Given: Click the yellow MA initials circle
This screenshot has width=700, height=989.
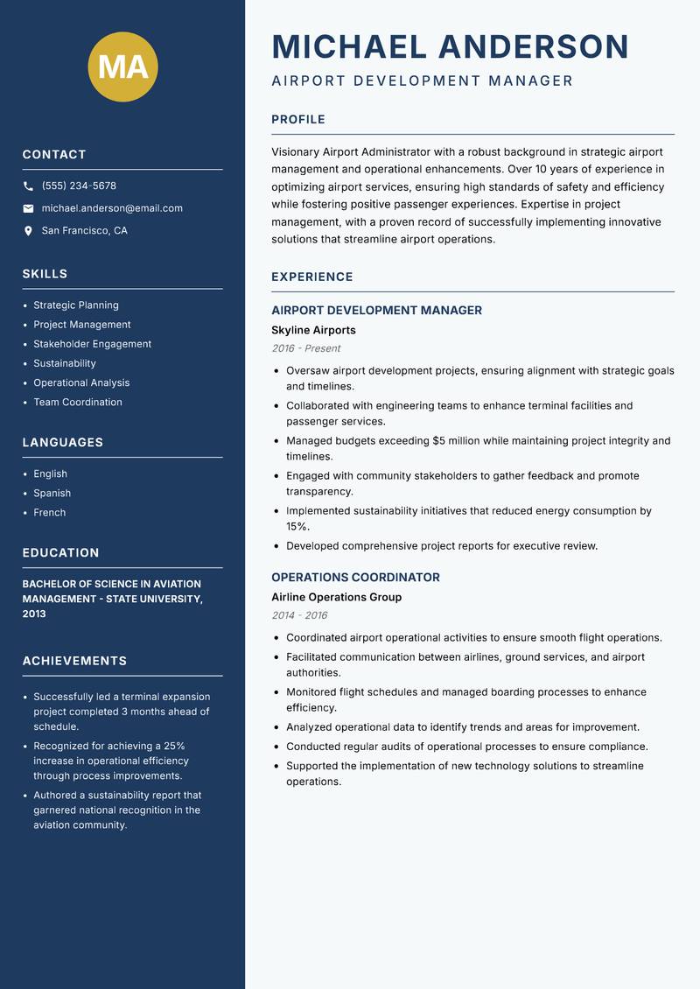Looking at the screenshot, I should point(123,67).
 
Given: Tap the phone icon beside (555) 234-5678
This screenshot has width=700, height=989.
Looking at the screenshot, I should point(28,186).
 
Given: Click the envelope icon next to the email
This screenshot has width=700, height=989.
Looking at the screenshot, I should point(28,208).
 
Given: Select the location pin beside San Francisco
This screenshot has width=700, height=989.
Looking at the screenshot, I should point(28,231).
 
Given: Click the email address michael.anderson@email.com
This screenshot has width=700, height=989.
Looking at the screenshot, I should point(112,208).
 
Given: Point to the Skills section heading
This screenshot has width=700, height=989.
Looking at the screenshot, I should point(45,274).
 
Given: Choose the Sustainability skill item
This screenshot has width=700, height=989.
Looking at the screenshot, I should point(65,363).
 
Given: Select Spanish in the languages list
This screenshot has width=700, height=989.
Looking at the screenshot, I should point(52,493).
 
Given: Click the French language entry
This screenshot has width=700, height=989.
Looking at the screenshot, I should point(49,512).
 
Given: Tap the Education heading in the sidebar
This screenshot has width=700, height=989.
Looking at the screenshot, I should point(60,553).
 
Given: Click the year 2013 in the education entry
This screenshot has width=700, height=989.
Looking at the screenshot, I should point(34,614).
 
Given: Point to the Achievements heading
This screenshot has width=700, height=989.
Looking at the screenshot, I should point(74,661).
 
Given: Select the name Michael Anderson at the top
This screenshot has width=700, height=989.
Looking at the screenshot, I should point(451,46).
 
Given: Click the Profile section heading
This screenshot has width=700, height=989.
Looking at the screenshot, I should point(297,120).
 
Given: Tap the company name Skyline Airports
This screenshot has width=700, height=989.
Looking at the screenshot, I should point(313,330).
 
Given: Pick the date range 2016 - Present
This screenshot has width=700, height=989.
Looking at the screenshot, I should point(306,348).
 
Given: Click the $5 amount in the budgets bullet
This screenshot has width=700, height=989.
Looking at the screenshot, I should point(439,441).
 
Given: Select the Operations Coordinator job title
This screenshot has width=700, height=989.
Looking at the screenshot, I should point(355,578).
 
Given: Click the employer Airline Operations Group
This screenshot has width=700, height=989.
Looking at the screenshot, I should point(336,597).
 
